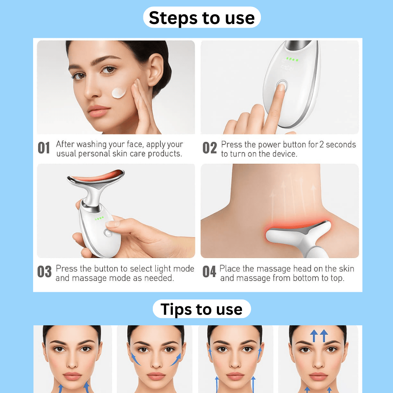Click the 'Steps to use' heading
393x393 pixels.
202,17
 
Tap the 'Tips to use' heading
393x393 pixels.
201,309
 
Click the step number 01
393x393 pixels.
44,148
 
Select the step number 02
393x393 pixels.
210,148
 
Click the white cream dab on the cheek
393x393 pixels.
119,92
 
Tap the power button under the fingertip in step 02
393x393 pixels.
281,86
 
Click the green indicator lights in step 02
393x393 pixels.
292,59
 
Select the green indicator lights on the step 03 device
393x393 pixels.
99,219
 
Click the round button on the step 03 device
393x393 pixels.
108,233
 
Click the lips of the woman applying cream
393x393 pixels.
98,111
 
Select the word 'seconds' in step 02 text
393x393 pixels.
341,144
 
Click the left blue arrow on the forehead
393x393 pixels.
313,336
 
